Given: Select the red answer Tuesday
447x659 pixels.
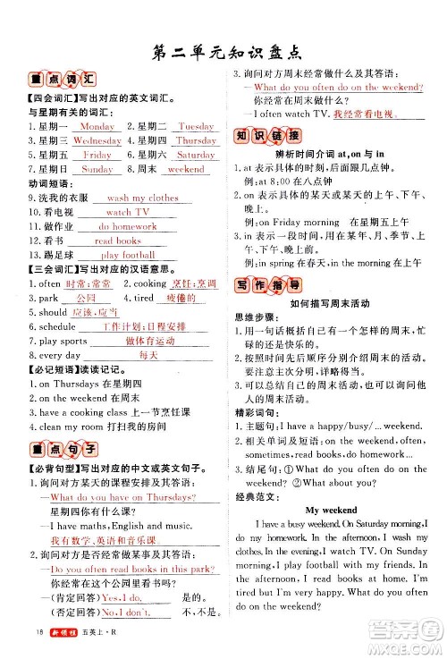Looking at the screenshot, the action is (197, 127).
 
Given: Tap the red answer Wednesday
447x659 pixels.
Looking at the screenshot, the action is (97, 141).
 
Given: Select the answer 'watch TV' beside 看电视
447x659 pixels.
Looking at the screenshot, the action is (129, 213).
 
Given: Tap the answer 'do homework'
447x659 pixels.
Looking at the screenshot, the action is (127, 227).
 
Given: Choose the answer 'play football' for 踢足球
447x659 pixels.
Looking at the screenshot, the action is (129, 256).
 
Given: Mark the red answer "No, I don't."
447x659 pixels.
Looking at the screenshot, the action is (122, 613).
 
